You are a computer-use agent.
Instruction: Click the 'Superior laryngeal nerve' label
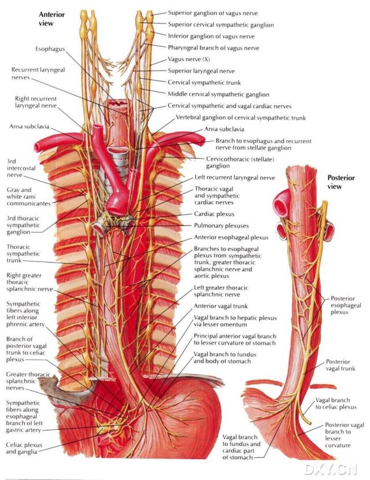[201, 71]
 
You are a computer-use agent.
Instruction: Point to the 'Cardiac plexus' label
[214, 213]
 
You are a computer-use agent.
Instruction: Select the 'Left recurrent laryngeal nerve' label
[235, 178]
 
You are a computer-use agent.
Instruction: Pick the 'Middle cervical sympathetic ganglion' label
[218, 94]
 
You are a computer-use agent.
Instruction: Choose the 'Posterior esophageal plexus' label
[347, 305]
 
